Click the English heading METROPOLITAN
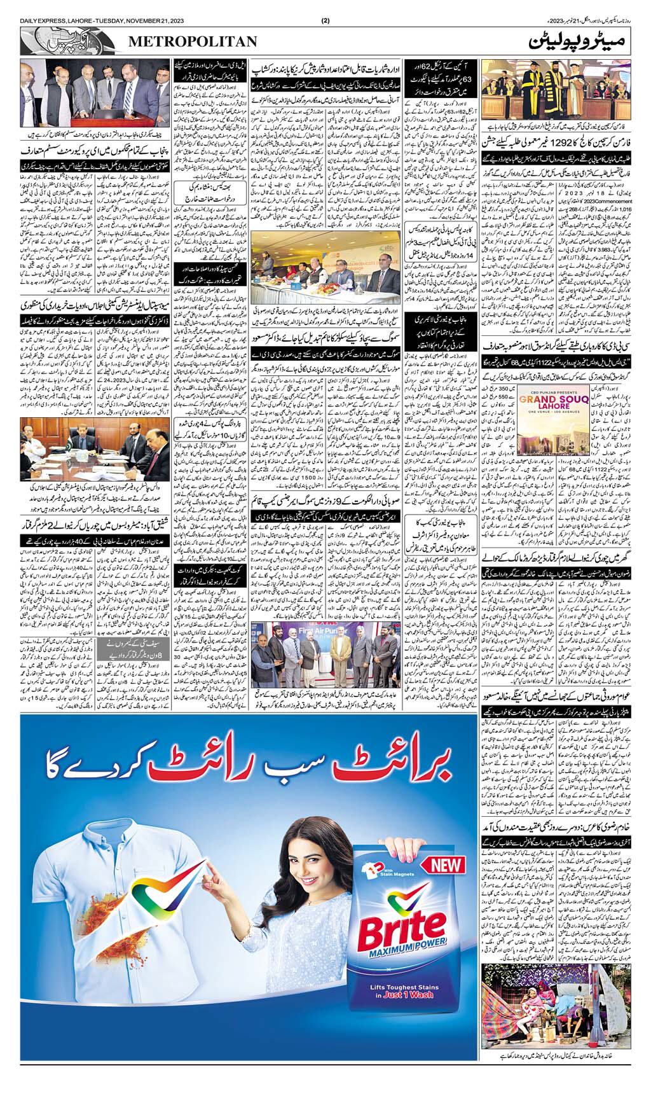coord(194,41)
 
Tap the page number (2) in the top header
coord(325,20)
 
